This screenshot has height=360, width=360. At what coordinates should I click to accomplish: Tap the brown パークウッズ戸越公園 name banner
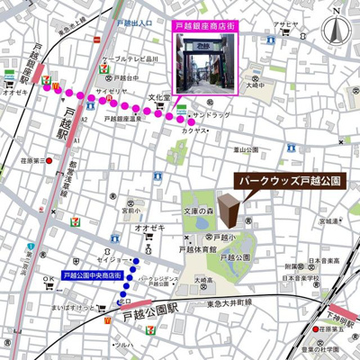(x=292, y=181)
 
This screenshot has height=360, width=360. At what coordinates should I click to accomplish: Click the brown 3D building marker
(x=231, y=211)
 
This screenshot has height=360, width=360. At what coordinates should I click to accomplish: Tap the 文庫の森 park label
(x=198, y=211)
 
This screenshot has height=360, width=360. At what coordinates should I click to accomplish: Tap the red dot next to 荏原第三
(x=49, y=162)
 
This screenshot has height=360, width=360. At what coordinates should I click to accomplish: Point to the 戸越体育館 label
(x=199, y=248)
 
